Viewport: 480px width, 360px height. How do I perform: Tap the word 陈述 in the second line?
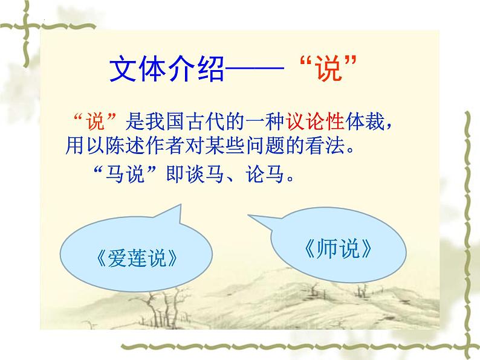(x=132, y=146)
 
